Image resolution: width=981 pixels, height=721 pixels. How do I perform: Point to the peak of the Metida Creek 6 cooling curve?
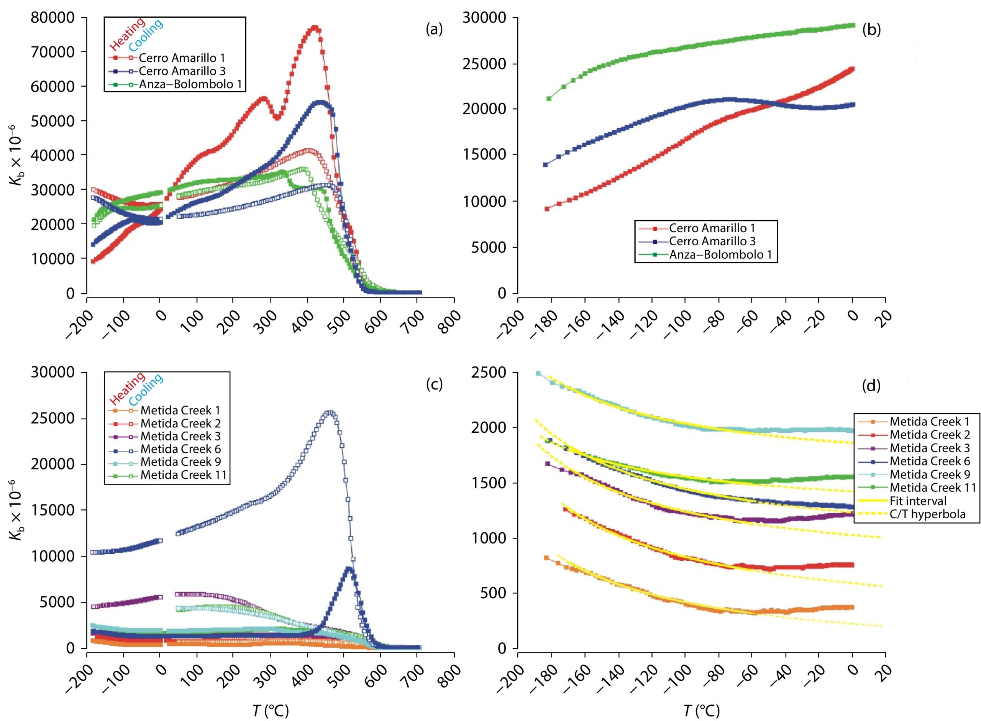point(330,413)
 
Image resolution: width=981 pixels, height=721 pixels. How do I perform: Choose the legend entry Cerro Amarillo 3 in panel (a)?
point(182,71)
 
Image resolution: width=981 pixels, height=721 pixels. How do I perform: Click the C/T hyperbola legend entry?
point(927,514)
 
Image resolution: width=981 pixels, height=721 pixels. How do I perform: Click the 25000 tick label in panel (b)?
point(484,64)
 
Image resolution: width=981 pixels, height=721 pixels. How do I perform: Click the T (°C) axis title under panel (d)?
point(703,711)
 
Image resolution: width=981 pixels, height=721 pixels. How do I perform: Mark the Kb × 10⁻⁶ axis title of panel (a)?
point(19,155)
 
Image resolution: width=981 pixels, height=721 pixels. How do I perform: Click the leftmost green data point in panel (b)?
point(549,99)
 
